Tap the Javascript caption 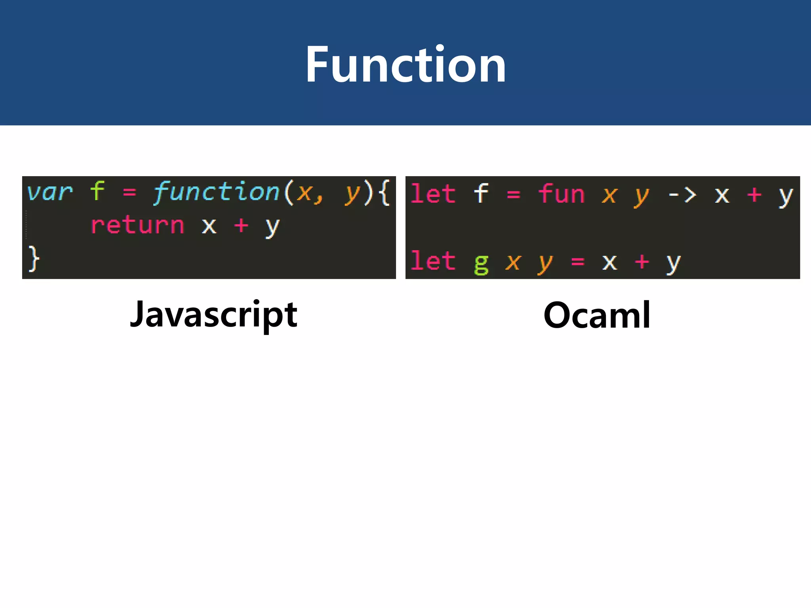coord(213,315)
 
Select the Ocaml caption coord(597,315)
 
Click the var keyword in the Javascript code coord(50,193)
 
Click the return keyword coord(137,226)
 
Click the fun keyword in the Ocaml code coord(561,194)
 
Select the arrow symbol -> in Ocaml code coord(682,195)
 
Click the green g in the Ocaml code coord(481,263)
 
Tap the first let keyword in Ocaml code coord(433,194)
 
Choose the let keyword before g coord(433,261)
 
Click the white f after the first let coord(481,193)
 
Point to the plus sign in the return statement coord(241,226)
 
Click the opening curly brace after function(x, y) coord(383,192)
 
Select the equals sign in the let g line coord(578,262)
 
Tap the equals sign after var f coord(129,193)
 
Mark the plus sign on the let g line coord(642,262)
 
